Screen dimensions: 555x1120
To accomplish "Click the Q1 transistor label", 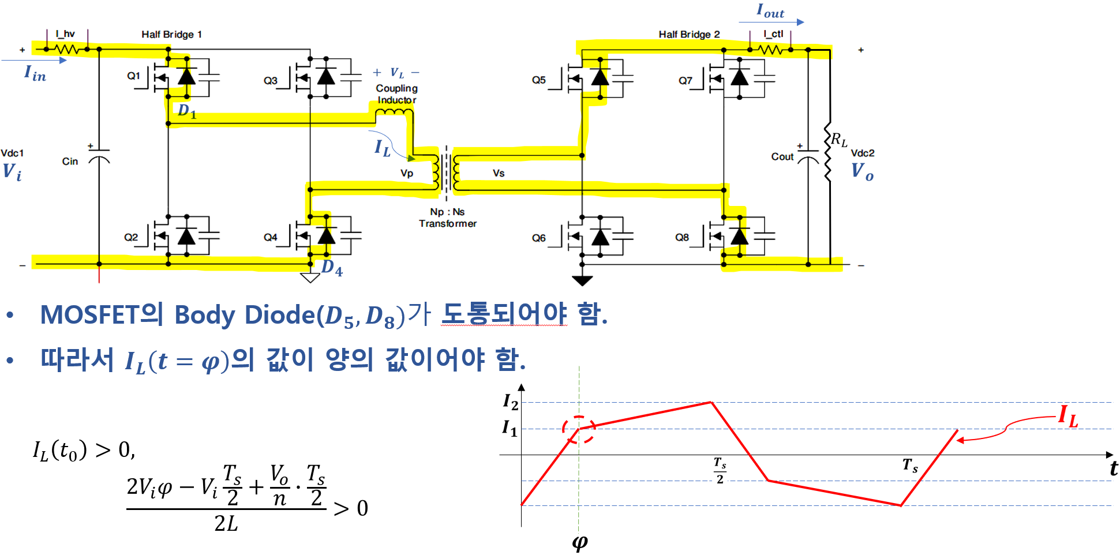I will pyautogui.click(x=133, y=76).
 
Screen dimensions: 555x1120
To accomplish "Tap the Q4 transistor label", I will pyautogui.click(x=270, y=237).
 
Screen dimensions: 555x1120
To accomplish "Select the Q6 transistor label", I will pyautogui.click(x=538, y=238).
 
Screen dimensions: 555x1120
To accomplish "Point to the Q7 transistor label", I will pyautogui.click(x=685, y=80).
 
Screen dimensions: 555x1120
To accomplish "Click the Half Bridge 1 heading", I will pyautogui.click(x=171, y=35).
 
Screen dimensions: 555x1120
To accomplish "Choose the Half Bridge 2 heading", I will pyautogui.click(x=689, y=35).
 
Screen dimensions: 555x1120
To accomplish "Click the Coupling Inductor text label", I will pyautogui.click(x=396, y=94).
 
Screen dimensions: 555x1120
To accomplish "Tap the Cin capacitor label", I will pyautogui.click(x=70, y=162).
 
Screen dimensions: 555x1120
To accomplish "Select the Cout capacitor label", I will pyautogui.click(x=782, y=156).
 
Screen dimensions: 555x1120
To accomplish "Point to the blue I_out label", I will pyautogui.click(x=770, y=10).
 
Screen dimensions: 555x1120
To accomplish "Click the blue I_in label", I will pyautogui.click(x=35, y=73).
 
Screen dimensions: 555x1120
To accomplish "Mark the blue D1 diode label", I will pyautogui.click(x=187, y=111).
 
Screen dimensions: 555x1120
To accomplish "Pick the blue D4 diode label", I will pyautogui.click(x=332, y=268).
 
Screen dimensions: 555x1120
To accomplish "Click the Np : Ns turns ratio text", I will pyautogui.click(x=447, y=212).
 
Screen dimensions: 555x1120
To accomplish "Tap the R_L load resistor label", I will pyautogui.click(x=838, y=140).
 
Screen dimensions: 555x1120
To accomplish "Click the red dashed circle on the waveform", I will pyautogui.click(x=579, y=430).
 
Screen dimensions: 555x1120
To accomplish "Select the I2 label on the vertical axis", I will pyautogui.click(x=511, y=401).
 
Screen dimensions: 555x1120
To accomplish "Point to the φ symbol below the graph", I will pyautogui.click(x=580, y=542).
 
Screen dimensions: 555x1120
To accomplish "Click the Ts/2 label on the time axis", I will pyautogui.click(x=720, y=470).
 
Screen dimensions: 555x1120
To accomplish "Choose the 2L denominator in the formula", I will pyautogui.click(x=226, y=523).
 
